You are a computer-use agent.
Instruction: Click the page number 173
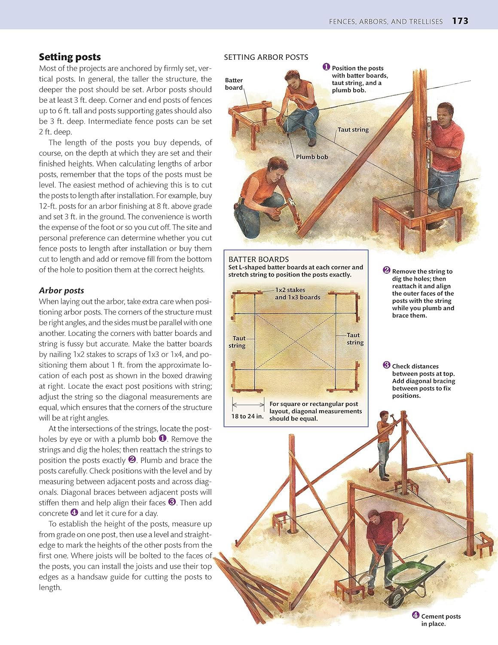click(460, 21)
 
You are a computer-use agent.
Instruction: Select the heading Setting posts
click(70, 57)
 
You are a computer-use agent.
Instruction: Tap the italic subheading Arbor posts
click(61, 291)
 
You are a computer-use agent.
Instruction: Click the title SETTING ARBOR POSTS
click(266, 57)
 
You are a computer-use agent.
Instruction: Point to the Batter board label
click(234, 84)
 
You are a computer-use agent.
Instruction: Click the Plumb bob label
click(312, 157)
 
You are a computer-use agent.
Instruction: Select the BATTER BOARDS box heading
click(259, 259)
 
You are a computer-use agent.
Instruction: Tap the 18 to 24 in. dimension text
click(247, 416)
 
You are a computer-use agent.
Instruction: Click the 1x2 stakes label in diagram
click(290, 290)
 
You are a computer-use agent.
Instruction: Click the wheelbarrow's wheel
click(394, 599)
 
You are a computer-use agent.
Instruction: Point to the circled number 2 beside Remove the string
click(386, 270)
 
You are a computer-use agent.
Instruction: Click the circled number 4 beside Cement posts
click(416, 615)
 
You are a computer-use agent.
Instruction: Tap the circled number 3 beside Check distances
click(386, 365)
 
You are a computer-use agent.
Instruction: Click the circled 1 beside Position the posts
click(326, 67)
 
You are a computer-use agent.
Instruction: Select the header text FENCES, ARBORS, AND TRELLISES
click(385, 21)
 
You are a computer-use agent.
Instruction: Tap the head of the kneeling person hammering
click(276, 166)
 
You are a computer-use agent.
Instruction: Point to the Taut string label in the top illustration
click(353, 130)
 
